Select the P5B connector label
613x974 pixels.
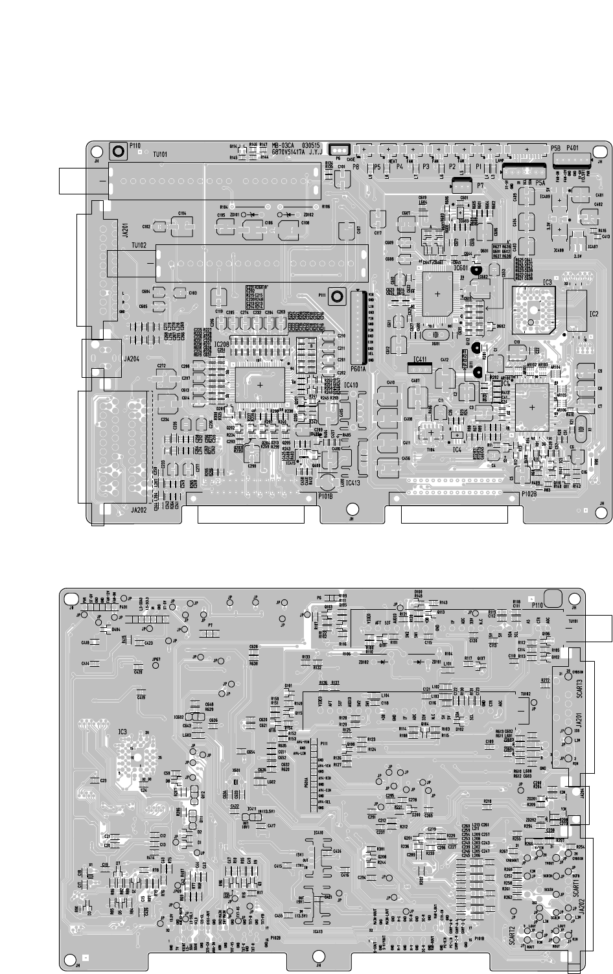[555, 148]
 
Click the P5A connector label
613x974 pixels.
[542, 183]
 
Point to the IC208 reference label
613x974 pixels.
[221, 344]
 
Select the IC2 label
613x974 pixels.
[594, 314]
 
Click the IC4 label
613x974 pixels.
[456, 449]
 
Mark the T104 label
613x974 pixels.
[428, 448]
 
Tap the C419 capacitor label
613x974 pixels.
[141, 697]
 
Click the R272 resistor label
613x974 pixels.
[545, 680]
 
